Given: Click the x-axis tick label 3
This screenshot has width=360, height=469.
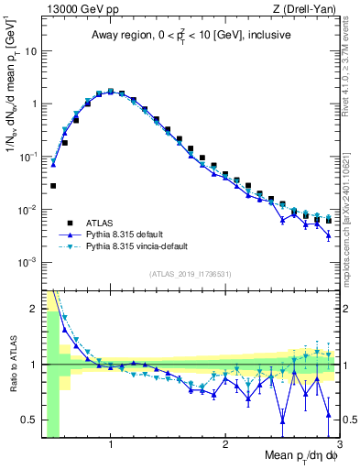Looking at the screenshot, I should pos(339,444).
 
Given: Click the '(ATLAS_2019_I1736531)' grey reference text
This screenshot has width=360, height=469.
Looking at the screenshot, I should pos(191,274).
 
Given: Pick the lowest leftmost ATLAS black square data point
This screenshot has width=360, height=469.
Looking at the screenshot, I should pos(53,185).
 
